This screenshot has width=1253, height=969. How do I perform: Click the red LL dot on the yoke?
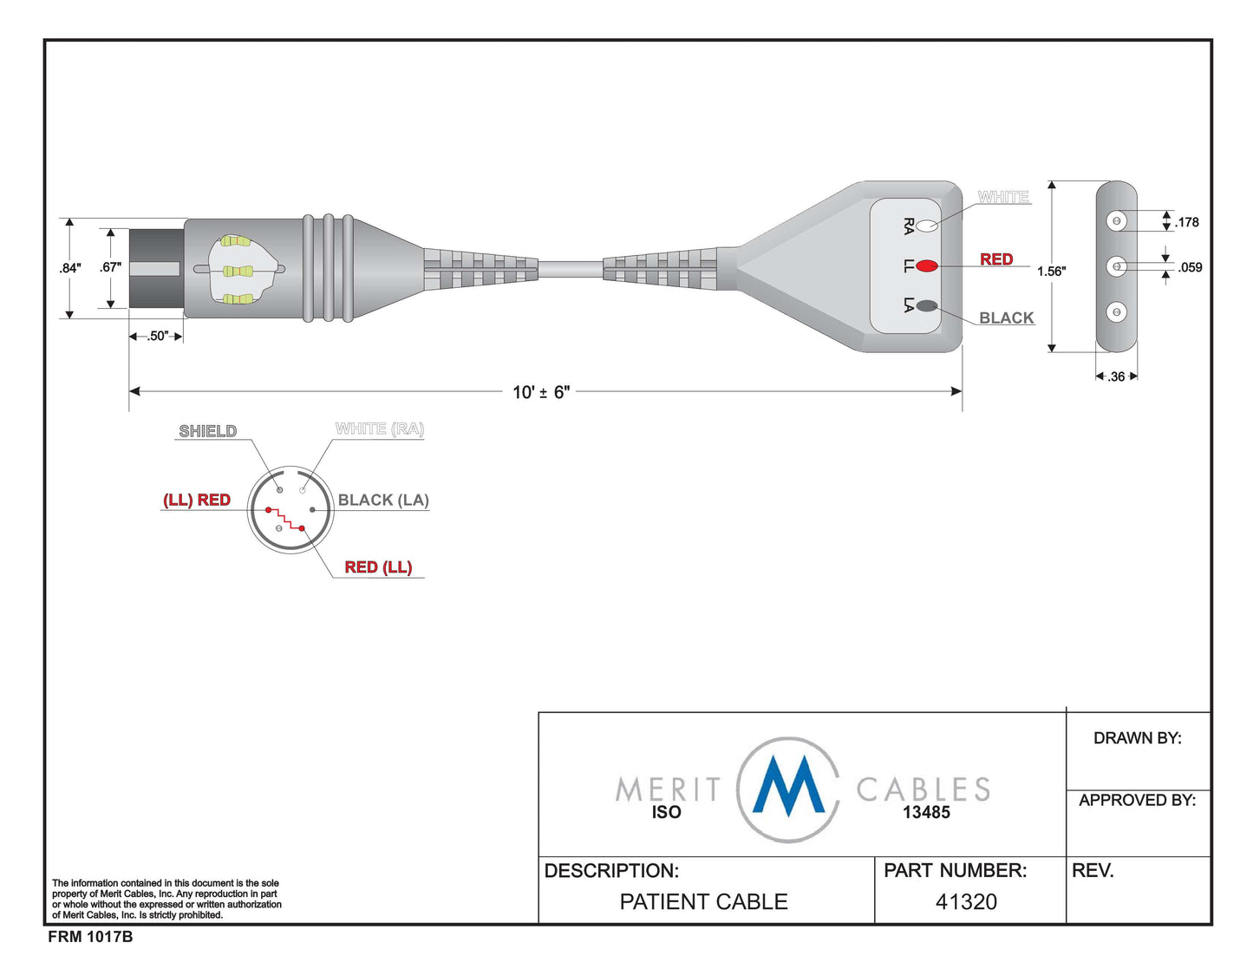point(926,265)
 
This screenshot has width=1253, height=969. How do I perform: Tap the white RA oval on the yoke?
point(927,226)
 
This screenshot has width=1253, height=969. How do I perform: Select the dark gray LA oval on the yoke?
point(926,305)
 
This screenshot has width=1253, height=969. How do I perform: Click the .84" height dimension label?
point(70,268)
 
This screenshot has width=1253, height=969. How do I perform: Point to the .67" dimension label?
point(110,267)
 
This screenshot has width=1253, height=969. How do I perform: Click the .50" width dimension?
point(157,336)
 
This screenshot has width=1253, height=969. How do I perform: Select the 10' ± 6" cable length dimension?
point(541,392)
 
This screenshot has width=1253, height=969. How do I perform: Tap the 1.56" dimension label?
point(1051,271)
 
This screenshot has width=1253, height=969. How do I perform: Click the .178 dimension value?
point(1187,222)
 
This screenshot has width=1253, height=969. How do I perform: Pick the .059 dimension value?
point(1190,267)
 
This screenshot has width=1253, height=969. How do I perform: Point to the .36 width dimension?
point(1116,376)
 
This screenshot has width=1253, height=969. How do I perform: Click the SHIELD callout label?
point(207,431)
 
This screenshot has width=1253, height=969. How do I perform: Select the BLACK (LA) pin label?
point(383,500)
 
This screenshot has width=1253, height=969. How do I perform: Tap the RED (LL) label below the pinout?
point(378,567)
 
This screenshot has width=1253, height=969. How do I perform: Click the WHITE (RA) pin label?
point(379,429)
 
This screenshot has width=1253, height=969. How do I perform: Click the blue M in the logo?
point(787,786)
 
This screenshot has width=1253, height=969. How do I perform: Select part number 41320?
point(966,902)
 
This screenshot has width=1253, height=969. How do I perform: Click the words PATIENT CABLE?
point(703,902)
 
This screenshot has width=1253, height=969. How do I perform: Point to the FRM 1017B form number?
point(90,937)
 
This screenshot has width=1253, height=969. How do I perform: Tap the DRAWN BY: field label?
point(1137,738)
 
